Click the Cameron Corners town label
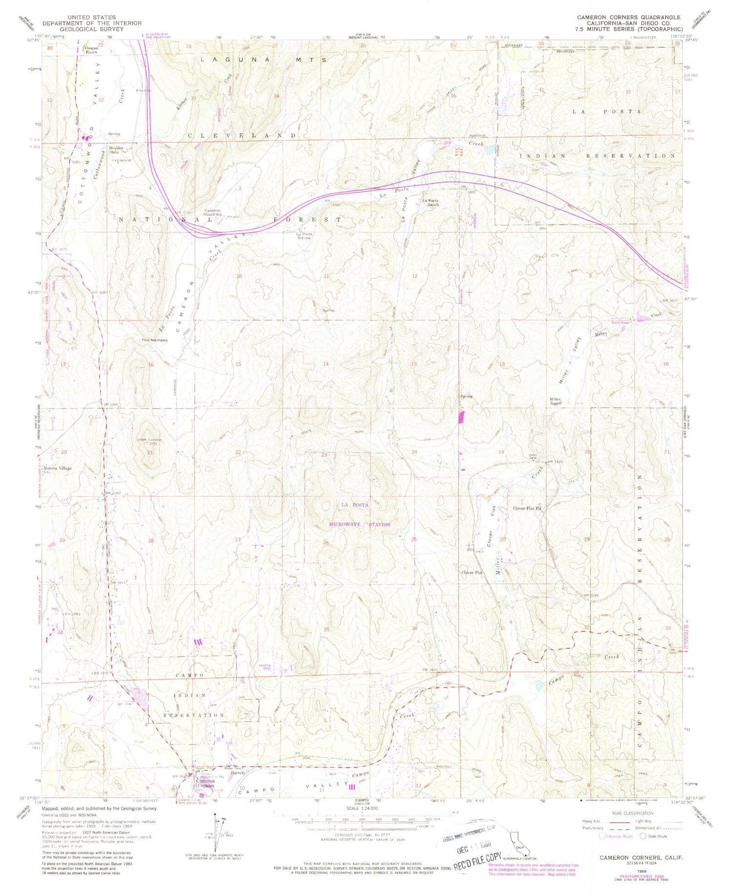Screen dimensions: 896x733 click(205, 783)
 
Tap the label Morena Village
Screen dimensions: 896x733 click(58, 468)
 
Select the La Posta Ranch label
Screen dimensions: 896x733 click(430, 202)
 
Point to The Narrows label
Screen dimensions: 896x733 click(154, 340)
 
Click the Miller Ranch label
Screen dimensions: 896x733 click(556, 402)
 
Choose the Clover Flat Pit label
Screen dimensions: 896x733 click(527, 508)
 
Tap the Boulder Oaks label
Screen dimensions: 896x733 click(116, 150)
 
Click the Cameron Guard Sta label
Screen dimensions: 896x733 click(213, 212)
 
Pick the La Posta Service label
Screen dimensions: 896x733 click(304, 236)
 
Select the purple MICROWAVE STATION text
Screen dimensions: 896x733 click(359, 524)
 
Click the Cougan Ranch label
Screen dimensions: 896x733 click(91, 50)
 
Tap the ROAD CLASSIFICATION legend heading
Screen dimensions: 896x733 click(632, 813)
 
